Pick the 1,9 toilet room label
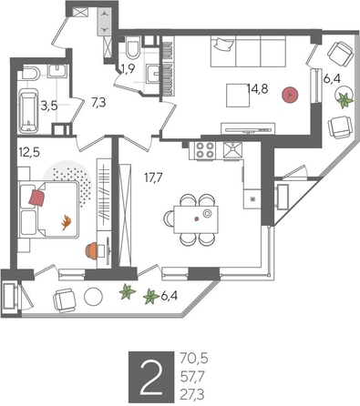click(129, 68)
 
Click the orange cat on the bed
click(66, 219)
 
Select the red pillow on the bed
click(37, 195)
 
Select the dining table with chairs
click(194, 217)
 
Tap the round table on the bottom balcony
click(94, 295)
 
